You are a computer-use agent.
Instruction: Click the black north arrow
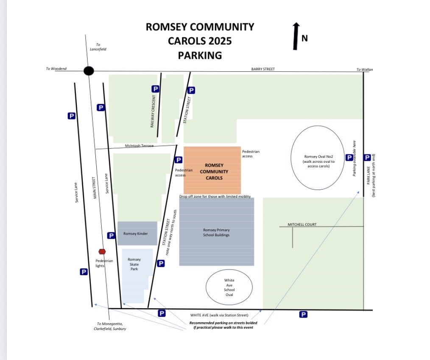296,36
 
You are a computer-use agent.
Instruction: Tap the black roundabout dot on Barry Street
89,71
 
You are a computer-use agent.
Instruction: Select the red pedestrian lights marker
102,251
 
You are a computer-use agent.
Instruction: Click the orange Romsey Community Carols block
212,170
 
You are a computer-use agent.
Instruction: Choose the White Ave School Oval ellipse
229,287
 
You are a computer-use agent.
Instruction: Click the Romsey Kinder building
136,233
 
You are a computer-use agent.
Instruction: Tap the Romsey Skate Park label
134,264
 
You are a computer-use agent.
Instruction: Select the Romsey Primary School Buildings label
216,232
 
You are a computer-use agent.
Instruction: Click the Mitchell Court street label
302,225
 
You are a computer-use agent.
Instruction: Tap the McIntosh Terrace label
139,145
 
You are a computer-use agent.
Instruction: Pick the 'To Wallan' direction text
365,70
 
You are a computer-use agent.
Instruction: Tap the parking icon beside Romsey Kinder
111,235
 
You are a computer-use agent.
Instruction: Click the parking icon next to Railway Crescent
156,89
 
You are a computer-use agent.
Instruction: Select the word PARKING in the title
200,55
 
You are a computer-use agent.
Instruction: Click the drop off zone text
215,197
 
